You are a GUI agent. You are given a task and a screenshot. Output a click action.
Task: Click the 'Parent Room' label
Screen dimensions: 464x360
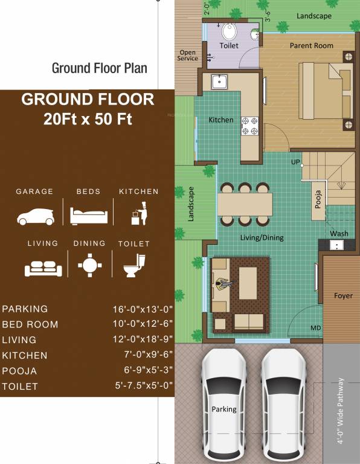[311, 45]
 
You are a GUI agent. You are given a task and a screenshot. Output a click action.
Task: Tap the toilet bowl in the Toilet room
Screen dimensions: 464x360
[230, 31]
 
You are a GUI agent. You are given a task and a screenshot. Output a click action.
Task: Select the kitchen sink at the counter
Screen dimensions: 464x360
[219, 81]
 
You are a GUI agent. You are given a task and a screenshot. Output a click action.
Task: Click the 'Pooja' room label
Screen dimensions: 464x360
[319, 198]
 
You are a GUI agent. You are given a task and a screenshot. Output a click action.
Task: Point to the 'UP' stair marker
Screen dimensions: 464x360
[295, 163]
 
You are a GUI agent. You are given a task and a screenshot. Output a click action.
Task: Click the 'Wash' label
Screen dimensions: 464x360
[339, 234]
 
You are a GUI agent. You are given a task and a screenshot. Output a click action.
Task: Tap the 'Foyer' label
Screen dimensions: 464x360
[343, 296]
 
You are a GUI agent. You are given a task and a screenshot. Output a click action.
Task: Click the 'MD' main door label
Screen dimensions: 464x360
[315, 328]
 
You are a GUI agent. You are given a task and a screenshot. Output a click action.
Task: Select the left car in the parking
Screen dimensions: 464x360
[224, 404]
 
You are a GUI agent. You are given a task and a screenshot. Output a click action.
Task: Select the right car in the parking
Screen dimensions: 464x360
[283, 404]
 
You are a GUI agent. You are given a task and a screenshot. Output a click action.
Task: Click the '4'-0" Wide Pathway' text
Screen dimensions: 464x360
[341, 411]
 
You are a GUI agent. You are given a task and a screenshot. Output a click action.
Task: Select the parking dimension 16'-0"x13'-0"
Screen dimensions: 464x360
[138, 309]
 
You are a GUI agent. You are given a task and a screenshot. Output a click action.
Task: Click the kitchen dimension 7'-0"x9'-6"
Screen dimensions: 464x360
[143, 355]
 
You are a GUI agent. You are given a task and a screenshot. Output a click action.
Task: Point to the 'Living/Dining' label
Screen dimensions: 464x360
[262, 238]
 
